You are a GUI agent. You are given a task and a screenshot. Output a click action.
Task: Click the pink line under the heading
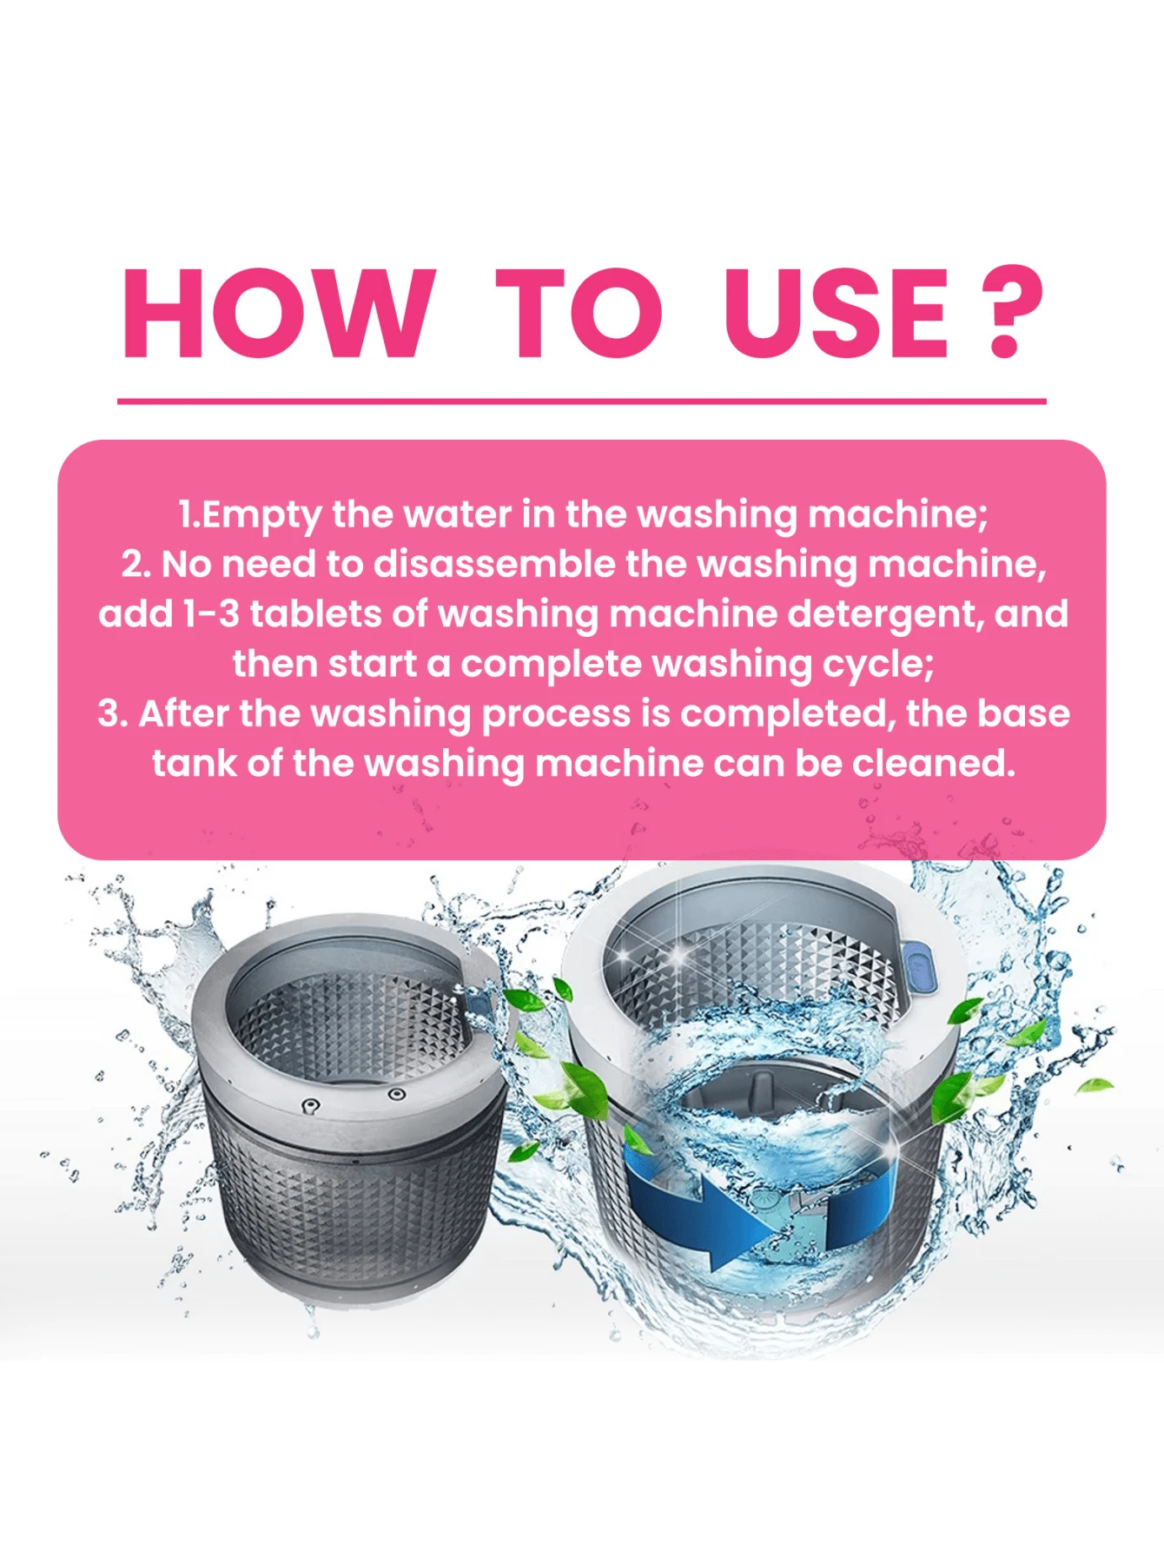(x=582, y=401)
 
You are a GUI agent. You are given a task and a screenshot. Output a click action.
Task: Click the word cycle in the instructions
(x=877, y=666)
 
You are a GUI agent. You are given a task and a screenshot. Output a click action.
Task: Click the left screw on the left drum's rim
(x=310, y=1104)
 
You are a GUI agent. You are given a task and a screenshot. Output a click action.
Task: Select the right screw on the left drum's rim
(x=396, y=1093)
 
